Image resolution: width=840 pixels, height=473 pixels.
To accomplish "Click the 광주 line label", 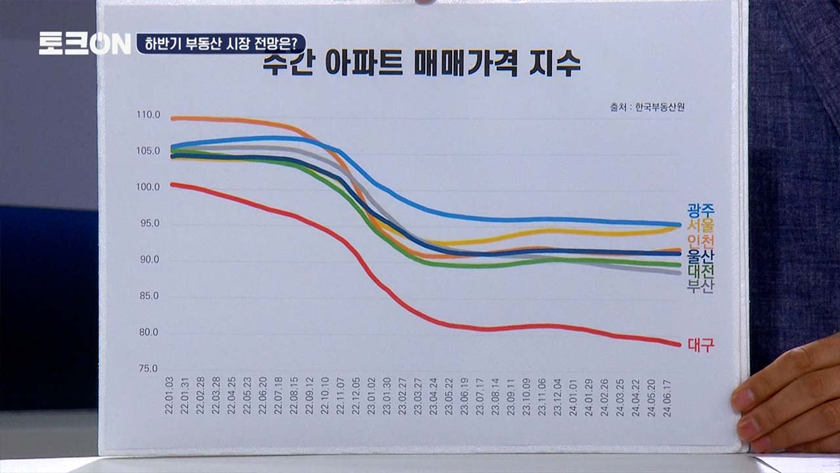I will click(700, 210).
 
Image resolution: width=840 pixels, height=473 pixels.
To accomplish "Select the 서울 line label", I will click(700, 225).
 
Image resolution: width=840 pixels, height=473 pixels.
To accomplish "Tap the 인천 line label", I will click(700, 240).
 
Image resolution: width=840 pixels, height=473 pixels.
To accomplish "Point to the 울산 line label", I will click(700, 256).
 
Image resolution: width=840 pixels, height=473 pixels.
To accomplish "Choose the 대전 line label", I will click(700, 271).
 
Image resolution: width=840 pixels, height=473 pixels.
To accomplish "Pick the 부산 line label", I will click(700, 286).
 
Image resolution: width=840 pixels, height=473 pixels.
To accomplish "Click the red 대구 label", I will click(700, 344).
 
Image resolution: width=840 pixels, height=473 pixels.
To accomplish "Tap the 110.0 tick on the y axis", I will click(148, 115).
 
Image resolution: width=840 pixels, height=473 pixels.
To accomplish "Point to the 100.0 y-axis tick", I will click(148, 187).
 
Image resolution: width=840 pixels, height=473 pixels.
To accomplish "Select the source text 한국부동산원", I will click(659, 106).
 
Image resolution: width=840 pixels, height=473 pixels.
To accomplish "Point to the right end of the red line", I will click(679, 344).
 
